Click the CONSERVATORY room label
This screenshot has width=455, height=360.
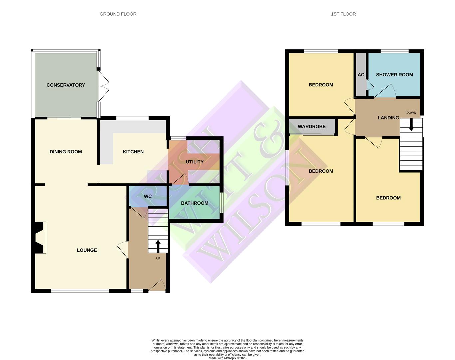tap(66, 85)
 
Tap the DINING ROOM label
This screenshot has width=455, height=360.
tap(66, 152)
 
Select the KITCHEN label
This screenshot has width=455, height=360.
tap(133, 152)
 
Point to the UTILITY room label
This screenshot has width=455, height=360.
tap(194, 162)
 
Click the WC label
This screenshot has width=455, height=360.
tap(148, 196)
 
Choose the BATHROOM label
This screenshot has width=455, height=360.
tap(194, 203)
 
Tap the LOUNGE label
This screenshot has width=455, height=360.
tap(87, 250)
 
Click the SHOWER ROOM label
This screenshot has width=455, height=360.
tap(394, 75)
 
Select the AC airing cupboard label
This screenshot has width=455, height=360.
tap(361, 75)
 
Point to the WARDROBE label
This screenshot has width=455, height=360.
tap(311, 127)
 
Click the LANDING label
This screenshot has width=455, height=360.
tap(388, 118)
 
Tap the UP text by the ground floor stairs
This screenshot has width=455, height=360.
tap(158, 258)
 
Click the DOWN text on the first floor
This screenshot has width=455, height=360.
tap(411, 113)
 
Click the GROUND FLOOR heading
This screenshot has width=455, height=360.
tap(118, 14)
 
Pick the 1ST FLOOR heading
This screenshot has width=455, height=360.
tap(343, 14)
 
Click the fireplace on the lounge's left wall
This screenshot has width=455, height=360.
tap(39, 238)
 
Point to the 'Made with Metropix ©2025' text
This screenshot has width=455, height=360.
tap(227, 358)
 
